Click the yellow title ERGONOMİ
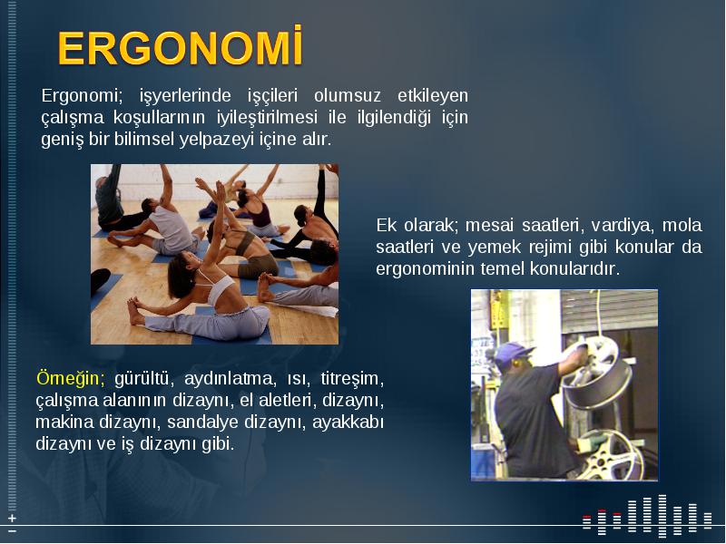[x=180, y=47]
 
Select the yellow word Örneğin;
[x=71, y=378]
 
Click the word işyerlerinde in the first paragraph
[x=185, y=96]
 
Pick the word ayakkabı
[x=348, y=423]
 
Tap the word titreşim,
[x=352, y=378]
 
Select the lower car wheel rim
[x=611, y=456]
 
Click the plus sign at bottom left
[x=12, y=518]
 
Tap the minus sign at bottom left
[x=12, y=530]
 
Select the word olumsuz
[x=348, y=96]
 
